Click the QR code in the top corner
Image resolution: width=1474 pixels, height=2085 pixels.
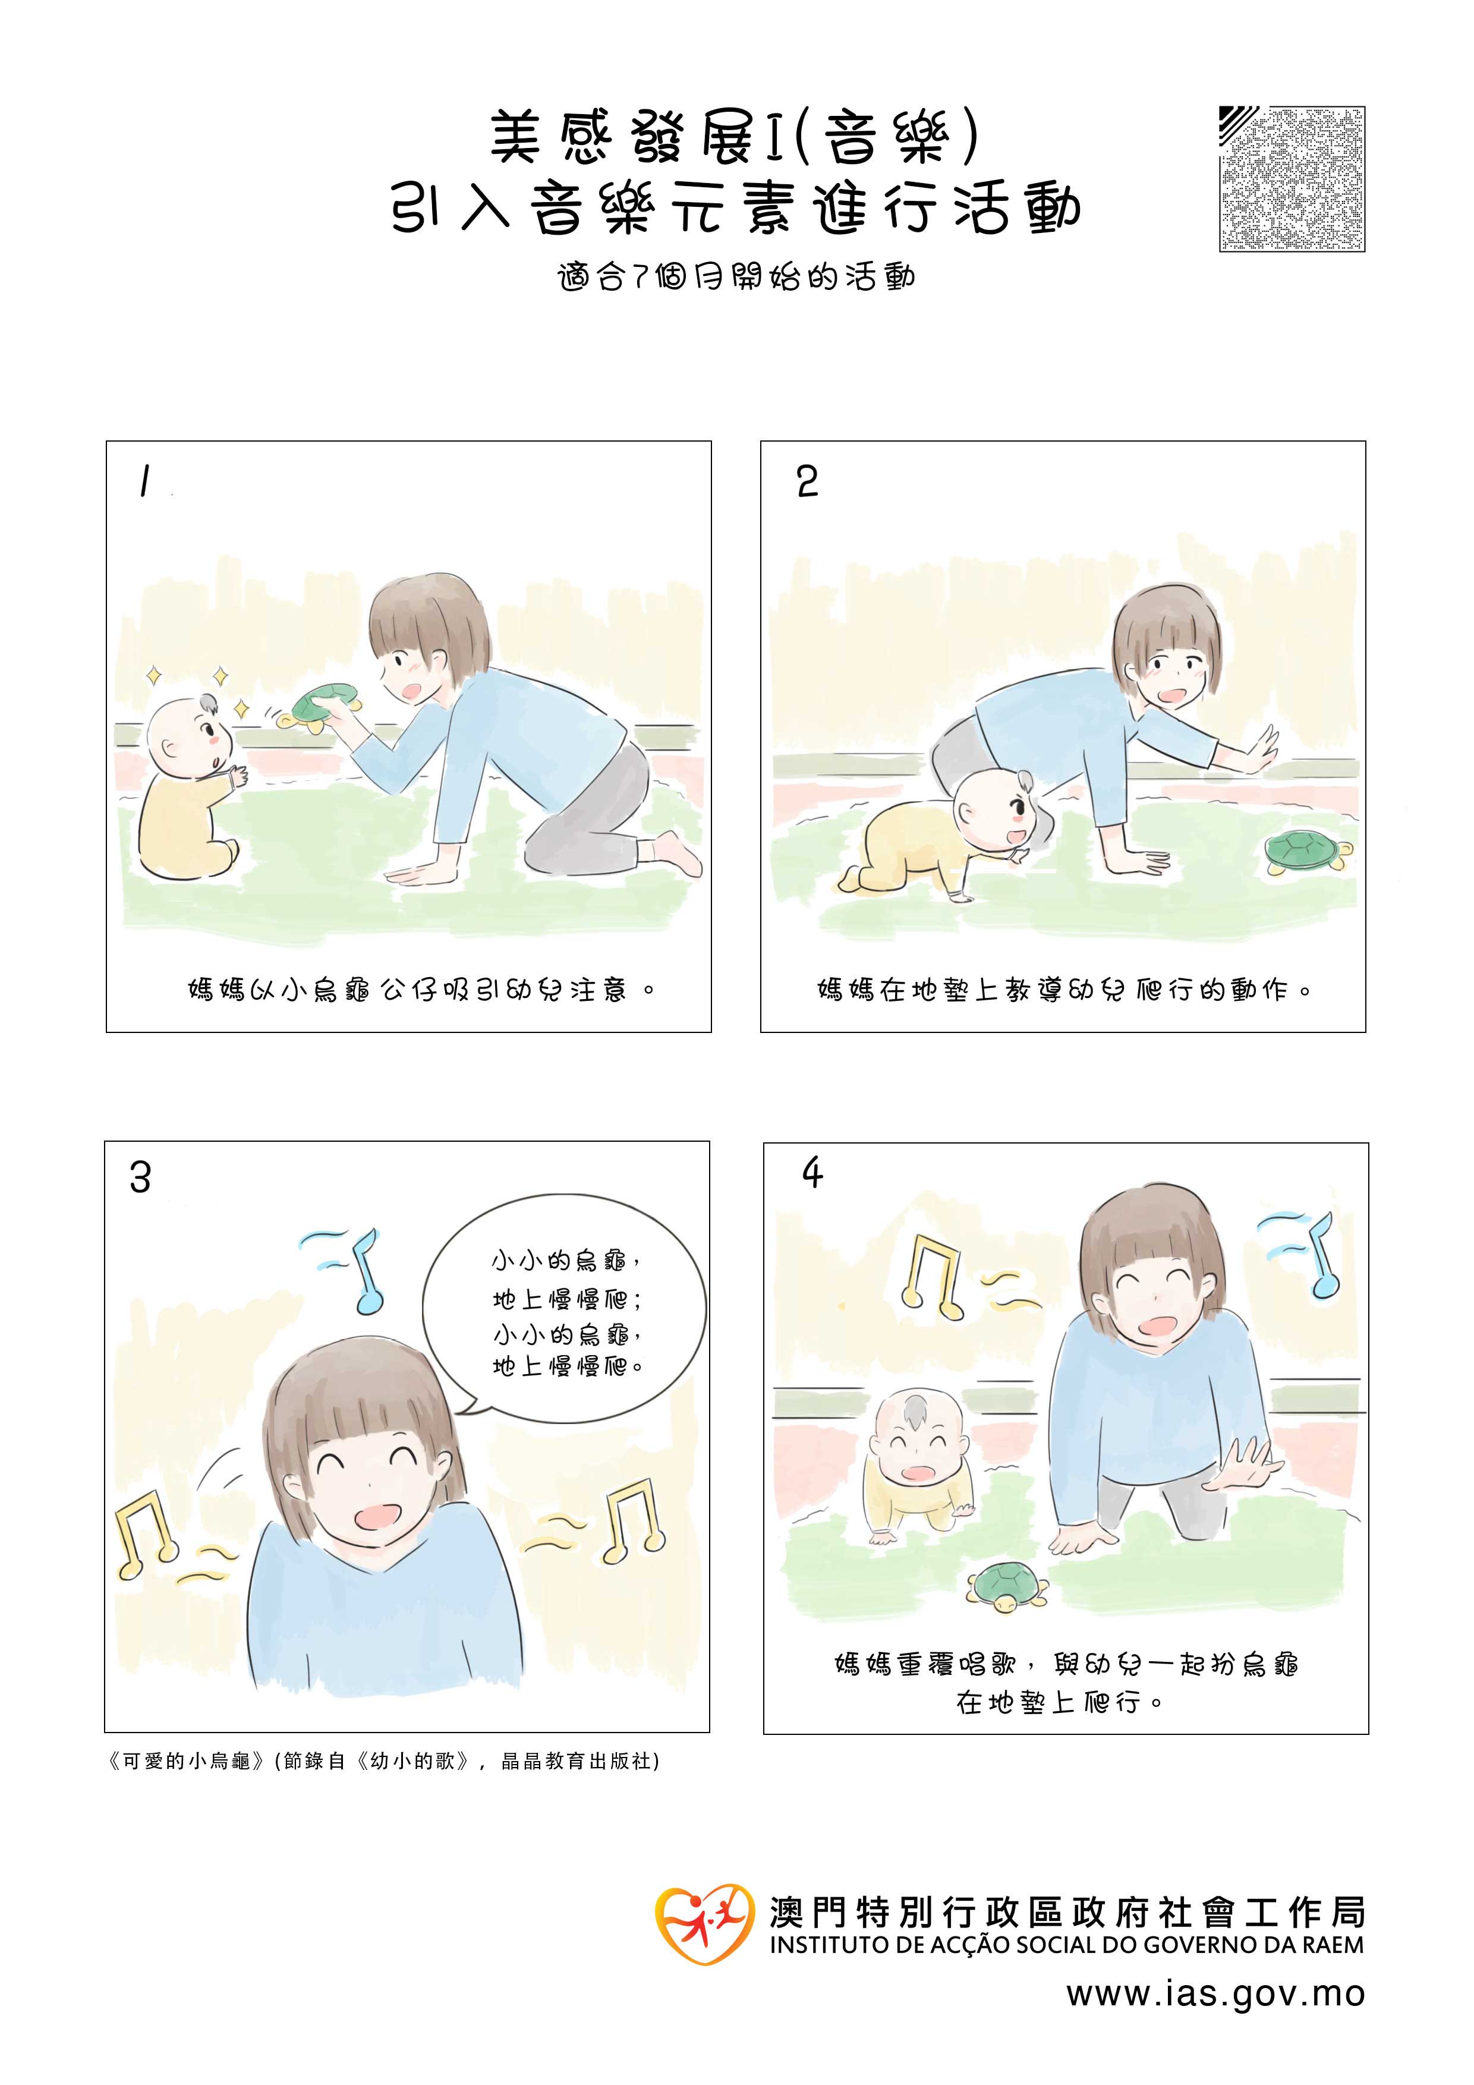(x=1292, y=179)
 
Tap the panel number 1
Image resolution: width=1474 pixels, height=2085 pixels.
(x=143, y=481)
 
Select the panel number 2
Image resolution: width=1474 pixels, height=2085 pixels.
(x=807, y=481)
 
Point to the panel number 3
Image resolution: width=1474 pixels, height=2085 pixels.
(x=140, y=1178)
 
